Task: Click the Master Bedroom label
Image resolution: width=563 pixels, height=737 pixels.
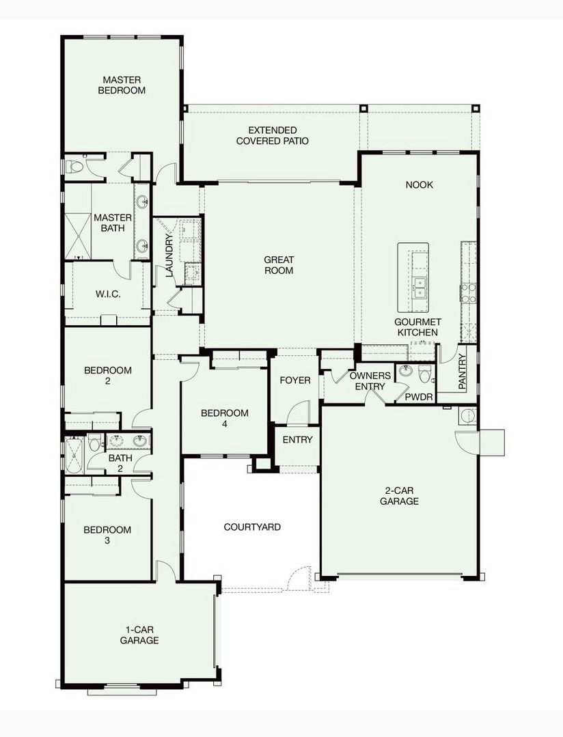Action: point(122,85)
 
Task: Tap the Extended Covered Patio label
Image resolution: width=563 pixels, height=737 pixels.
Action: point(273,135)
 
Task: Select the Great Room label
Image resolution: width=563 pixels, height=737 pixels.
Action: point(279,264)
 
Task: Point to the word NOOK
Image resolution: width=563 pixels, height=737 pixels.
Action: point(419,184)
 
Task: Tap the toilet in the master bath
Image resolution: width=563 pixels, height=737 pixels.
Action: point(74,167)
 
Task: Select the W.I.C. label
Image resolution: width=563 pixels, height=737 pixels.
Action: point(108,294)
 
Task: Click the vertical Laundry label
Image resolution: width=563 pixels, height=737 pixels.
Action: point(170,255)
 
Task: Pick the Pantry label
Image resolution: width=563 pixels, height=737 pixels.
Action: point(462,372)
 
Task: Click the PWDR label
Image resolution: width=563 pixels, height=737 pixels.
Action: point(419,397)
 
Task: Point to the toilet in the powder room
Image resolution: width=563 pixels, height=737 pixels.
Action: point(425,373)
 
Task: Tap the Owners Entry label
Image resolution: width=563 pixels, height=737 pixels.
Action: point(370,380)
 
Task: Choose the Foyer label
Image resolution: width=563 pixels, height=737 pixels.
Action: point(295,380)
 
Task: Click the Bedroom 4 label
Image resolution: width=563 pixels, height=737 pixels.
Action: point(224,418)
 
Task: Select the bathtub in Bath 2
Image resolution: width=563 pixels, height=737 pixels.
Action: point(74,455)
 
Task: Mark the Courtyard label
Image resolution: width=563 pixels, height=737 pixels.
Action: point(252,527)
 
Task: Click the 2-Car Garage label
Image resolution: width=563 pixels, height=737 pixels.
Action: point(399,496)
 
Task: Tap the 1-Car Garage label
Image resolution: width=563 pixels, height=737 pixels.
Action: point(139,635)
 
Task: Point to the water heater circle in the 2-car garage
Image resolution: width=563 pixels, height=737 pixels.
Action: point(468,416)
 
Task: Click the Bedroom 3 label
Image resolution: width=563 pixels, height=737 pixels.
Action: point(107,535)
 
